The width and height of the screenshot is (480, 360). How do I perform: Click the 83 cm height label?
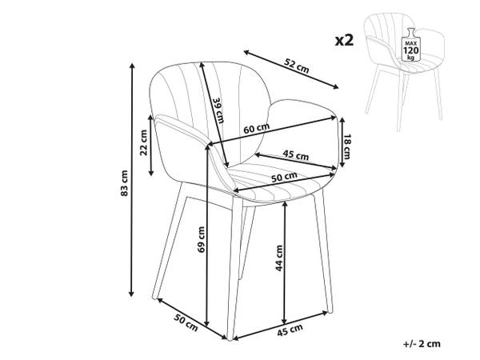click(124, 183)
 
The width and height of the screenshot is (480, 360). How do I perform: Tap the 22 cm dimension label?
click(143, 142)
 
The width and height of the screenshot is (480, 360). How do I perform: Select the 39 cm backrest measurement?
click(218, 110)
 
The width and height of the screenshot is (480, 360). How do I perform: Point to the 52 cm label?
click(297, 66)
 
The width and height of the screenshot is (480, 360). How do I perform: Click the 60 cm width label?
click(257, 129)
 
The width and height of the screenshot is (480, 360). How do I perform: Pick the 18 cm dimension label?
click(346, 146)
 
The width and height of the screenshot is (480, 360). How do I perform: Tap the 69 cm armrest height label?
click(201, 239)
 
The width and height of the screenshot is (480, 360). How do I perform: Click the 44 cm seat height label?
click(279, 258)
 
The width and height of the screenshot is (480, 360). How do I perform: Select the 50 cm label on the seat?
click(284, 177)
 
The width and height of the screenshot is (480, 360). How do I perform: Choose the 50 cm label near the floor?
click(186, 322)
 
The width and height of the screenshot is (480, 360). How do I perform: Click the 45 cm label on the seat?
click(295, 154)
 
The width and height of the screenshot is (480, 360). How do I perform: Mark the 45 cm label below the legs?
click(290, 330)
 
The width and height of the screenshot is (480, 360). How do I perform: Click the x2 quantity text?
click(344, 40)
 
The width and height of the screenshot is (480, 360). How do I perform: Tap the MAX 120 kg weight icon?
click(411, 45)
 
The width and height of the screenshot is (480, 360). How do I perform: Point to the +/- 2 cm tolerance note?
click(422, 343)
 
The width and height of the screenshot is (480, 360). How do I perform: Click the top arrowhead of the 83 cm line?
click(132, 66)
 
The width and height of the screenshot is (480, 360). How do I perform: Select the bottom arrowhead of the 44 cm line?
click(284, 322)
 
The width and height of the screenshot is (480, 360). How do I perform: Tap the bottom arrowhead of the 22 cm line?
click(150, 174)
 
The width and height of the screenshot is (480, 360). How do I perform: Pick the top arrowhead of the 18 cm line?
click(342, 119)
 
